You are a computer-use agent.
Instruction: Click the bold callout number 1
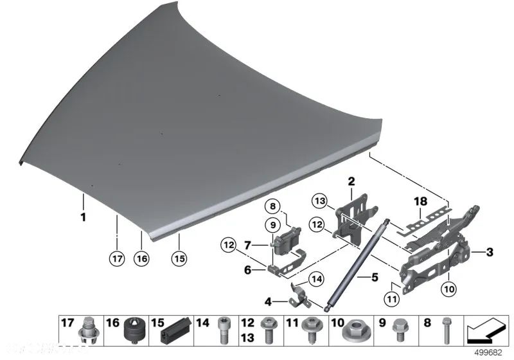coord(82,217)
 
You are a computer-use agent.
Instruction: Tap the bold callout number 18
coord(420,202)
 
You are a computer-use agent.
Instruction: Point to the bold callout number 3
coord(490,251)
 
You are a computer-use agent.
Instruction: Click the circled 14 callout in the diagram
coord(316,278)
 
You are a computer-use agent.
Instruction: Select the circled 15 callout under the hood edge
coord(179,258)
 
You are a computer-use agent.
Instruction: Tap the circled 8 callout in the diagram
coord(272,207)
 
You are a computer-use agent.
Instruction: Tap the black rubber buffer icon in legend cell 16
coord(134,330)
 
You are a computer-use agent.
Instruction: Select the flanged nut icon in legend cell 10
coord(355,332)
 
